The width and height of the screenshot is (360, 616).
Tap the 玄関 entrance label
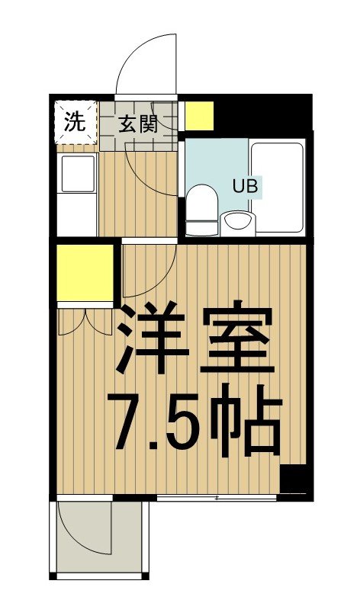(138, 124)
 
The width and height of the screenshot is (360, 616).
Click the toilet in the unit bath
(203, 209)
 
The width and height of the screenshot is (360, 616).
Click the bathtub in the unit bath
(278, 187)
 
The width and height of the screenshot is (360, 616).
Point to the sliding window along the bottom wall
(217, 499)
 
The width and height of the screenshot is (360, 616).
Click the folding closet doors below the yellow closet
(85, 320)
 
